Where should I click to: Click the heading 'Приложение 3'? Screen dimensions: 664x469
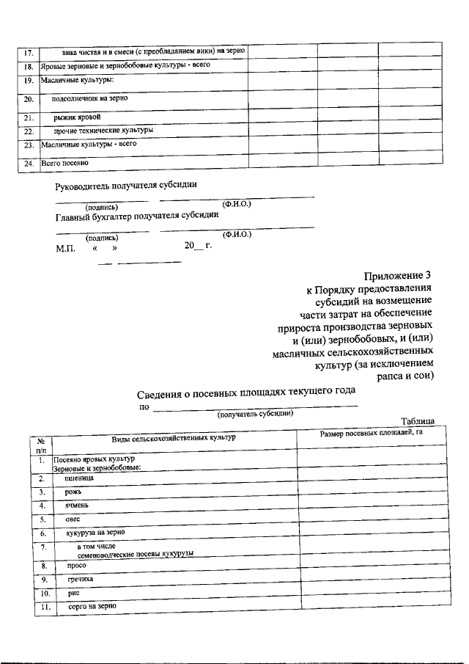tap(397, 276)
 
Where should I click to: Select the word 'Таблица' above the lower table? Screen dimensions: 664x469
tap(418, 420)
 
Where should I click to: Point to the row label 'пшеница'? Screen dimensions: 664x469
tap(78, 478)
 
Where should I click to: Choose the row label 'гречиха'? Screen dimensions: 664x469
tap(80, 579)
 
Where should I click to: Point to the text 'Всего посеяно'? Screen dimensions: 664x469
tap(64, 162)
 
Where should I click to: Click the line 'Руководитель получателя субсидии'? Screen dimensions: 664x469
tap(126, 186)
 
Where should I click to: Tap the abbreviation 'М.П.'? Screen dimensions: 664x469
tap(66, 247)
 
